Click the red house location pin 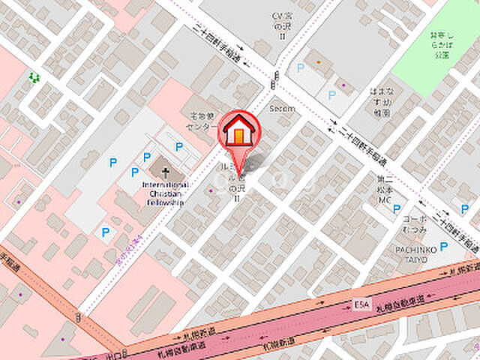tap(239, 135)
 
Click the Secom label tap(283, 108)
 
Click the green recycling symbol tap(33, 76)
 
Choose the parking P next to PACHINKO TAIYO tap(443, 246)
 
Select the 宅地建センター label tap(202, 121)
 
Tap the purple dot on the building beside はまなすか tap(343, 85)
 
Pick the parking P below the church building tap(106, 232)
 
